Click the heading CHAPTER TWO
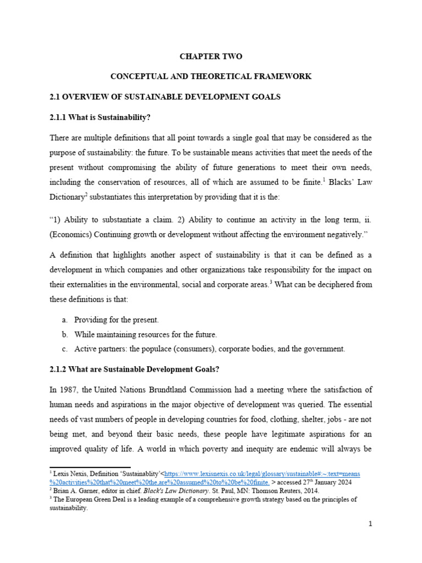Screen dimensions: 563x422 click(211, 56)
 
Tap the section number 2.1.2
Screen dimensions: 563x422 click(60, 368)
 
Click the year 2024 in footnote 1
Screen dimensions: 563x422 click(330, 482)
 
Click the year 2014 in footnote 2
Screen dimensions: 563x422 click(306, 491)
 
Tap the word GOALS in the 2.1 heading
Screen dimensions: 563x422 click(265, 97)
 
